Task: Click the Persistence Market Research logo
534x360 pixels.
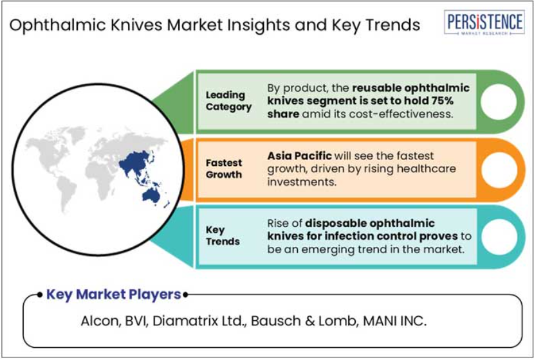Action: pyautogui.click(x=484, y=22)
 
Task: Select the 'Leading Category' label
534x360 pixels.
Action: pyautogui.click(x=228, y=101)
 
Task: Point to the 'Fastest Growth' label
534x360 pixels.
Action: pyautogui.click(x=224, y=168)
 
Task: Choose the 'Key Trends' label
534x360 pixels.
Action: pyautogui.click(x=223, y=235)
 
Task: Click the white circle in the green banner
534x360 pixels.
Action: pyautogui.click(x=499, y=102)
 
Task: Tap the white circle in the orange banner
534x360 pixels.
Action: pyautogui.click(x=499, y=170)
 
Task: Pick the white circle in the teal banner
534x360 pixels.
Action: pyautogui.click(x=500, y=237)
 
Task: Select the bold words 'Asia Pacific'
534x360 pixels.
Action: pyautogui.click(x=299, y=156)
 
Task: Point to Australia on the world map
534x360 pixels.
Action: pyautogui.click(x=151, y=195)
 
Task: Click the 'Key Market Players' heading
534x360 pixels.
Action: pyautogui.click(x=113, y=294)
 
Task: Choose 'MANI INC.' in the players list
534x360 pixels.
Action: pyautogui.click(x=395, y=321)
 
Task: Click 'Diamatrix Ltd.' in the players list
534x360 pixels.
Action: pyautogui.click(x=199, y=321)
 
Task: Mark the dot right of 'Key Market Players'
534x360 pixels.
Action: pyautogui.click(x=185, y=294)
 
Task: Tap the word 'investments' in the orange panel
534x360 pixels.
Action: pyautogui.click(x=302, y=182)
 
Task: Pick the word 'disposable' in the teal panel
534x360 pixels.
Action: pyautogui.click(x=335, y=224)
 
